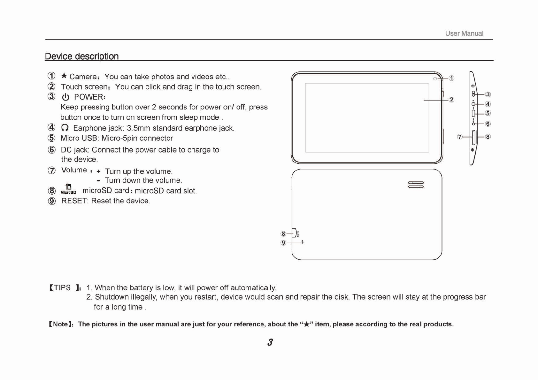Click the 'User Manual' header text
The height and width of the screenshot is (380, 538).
point(464,34)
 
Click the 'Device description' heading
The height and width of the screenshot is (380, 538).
point(82,56)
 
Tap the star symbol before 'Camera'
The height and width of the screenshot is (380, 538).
point(64,76)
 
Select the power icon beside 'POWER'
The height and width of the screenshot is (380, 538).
point(65,97)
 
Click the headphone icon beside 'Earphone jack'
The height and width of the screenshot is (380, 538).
point(65,128)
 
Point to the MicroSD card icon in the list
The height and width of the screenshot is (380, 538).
point(68,189)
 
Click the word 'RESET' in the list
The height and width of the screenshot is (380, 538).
point(74,201)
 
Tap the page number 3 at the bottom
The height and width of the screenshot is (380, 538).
point(270,342)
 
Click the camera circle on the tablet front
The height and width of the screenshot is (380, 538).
point(435,78)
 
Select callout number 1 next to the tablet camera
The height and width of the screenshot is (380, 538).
point(451,78)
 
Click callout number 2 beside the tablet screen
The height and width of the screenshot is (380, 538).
point(451,100)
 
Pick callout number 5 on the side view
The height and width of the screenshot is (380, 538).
point(488,113)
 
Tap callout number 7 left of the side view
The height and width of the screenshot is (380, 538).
point(460,137)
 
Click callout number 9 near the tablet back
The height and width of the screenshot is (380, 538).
point(283,243)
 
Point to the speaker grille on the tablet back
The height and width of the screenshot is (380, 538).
point(416,184)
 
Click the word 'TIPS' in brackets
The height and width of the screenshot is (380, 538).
point(62,288)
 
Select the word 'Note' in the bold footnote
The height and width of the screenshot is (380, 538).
point(60,324)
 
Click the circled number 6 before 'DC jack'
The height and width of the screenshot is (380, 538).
point(52,150)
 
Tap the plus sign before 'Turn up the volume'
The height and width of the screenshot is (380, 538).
point(98,172)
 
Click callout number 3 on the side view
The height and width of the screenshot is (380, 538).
point(488,94)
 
